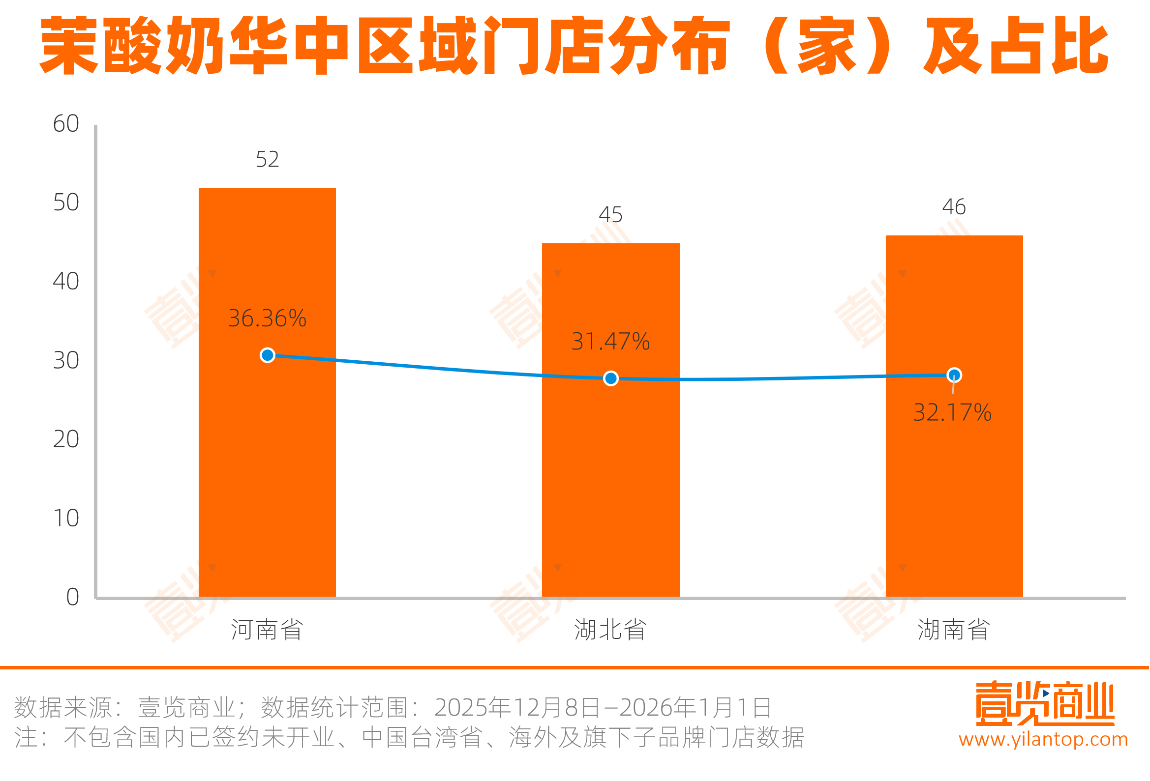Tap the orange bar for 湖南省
[954, 494]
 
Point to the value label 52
[267, 159]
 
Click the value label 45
[610, 215]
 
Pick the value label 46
[954, 207]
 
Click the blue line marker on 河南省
[267, 355]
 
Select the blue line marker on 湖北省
[610, 378]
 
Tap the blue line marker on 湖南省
[954, 375]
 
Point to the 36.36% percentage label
[267, 318]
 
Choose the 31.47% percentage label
[610, 341]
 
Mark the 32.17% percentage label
[952, 412]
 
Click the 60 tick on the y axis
[66, 124]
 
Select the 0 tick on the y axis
[73, 597]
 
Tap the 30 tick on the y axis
[66, 361]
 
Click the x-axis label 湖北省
[610, 630]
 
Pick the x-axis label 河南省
[267, 630]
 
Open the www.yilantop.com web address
[1043, 739]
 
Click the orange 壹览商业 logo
[1045, 704]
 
